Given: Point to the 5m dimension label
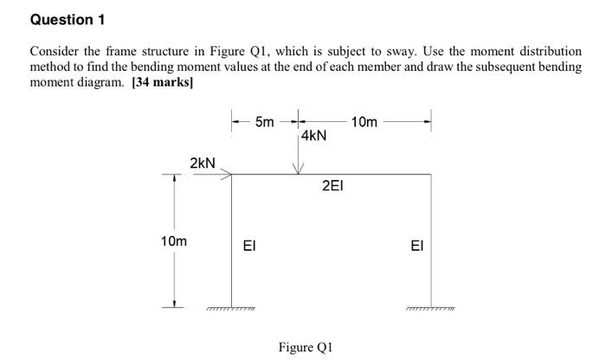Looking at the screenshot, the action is [265, 122].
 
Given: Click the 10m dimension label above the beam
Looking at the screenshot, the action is [364, 122].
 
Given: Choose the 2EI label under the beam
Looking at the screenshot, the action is [333, 185].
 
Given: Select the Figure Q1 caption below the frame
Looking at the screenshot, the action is [305, 347].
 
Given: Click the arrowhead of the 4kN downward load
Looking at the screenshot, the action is [297, 169].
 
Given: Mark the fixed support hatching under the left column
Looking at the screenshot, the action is [231, 308].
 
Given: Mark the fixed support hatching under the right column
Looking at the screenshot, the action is [430, 308].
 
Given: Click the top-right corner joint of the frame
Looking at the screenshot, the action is [430, 175].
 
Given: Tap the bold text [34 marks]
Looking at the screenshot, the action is [162, 83].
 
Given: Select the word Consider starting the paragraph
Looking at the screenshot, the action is [54, 51].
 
